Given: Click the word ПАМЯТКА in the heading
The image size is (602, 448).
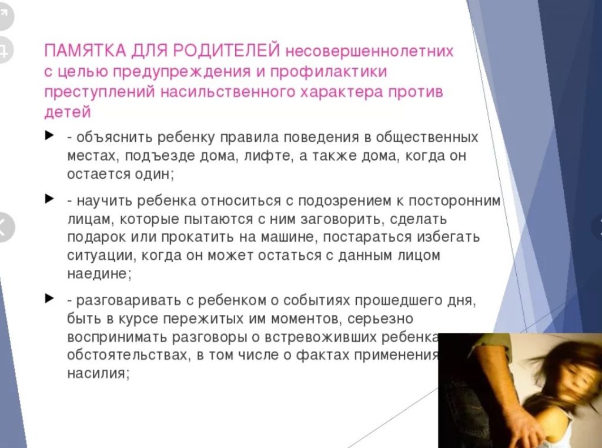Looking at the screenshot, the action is pyautogui.click(x=85, y=51).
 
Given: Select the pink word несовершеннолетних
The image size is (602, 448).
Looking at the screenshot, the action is pyautogui.click(x=369, y=51).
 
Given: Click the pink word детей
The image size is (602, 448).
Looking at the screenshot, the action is pyautogui.click(x=68, y=112).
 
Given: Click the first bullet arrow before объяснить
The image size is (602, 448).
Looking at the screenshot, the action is pyautogui.click(x=49, y=135).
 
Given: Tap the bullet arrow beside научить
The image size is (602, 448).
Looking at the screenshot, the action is pyautogui.click(x=49, y=199).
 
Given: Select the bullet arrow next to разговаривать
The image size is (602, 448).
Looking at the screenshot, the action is pyautogui.click(x=49, y=298).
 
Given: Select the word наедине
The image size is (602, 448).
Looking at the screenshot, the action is pyautogui.click(x=99, y=274).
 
